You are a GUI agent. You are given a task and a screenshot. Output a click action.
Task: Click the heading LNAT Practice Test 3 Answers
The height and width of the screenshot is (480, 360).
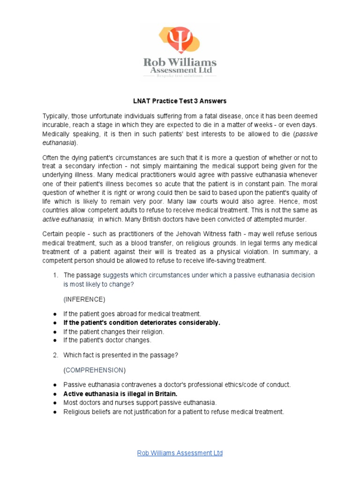click(180, 101)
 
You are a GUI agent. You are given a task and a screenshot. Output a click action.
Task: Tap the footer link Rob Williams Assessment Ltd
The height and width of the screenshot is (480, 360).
click(180, 453)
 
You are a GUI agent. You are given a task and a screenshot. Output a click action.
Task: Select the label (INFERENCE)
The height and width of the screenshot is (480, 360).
click(85, 299)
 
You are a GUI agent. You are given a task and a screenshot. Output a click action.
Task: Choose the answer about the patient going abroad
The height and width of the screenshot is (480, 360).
click(133, 314)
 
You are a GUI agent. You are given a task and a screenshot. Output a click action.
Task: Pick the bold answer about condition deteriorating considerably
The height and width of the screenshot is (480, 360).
click(142, 322)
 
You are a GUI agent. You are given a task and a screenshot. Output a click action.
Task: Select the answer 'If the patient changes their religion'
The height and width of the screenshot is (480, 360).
click(114, 331)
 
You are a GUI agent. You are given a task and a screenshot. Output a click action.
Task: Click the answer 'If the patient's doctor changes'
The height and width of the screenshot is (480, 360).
click(107, 340)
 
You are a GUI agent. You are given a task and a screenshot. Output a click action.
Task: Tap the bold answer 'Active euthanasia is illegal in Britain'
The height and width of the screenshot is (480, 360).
click(120, 394)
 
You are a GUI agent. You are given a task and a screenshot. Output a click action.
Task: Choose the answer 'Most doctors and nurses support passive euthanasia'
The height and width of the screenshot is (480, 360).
click(140, 403)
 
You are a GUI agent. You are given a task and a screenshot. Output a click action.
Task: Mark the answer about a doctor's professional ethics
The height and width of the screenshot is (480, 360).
click(177, 385)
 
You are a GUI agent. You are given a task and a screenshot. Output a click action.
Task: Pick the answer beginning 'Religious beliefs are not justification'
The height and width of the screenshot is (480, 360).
click(174, 412)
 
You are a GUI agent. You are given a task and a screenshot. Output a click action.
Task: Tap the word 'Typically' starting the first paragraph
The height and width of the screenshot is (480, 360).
click(55, 116)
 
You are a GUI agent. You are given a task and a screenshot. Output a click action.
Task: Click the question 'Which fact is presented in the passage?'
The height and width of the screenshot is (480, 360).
click(121, 355)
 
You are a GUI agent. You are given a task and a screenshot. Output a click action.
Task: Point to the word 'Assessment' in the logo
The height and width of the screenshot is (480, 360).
click(170, 71)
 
